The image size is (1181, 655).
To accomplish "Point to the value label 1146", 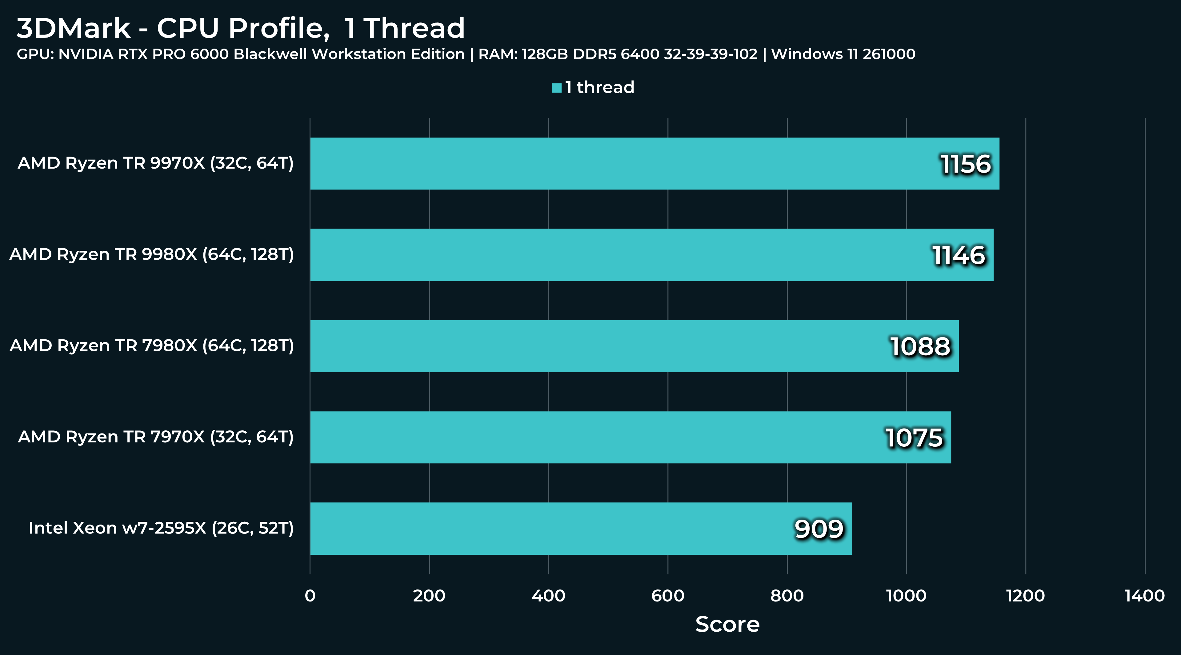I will click(x=959, y=255).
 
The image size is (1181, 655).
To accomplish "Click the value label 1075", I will click(x=914, y=438).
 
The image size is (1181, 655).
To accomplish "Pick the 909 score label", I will click(x=819, y=529).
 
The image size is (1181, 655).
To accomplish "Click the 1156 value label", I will click(x=965, y=164).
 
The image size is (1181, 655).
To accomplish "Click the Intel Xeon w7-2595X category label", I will click(x=161, y=528).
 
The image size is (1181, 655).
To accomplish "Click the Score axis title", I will click(x=727, y=624).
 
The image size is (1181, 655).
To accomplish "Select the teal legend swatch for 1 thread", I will click(x=557, y=88).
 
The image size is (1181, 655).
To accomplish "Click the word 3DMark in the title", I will click(x=73, y=28).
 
